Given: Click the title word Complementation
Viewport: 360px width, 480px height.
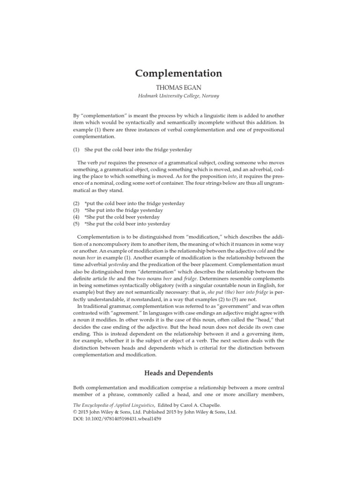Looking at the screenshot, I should click(x=179, y=74).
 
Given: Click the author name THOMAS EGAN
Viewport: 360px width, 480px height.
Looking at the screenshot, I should click(x=179, y=87).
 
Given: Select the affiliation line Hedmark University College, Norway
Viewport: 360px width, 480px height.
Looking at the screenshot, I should click(x=179, y=96).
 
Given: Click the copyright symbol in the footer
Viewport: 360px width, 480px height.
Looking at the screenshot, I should click(x=75, y=412).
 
